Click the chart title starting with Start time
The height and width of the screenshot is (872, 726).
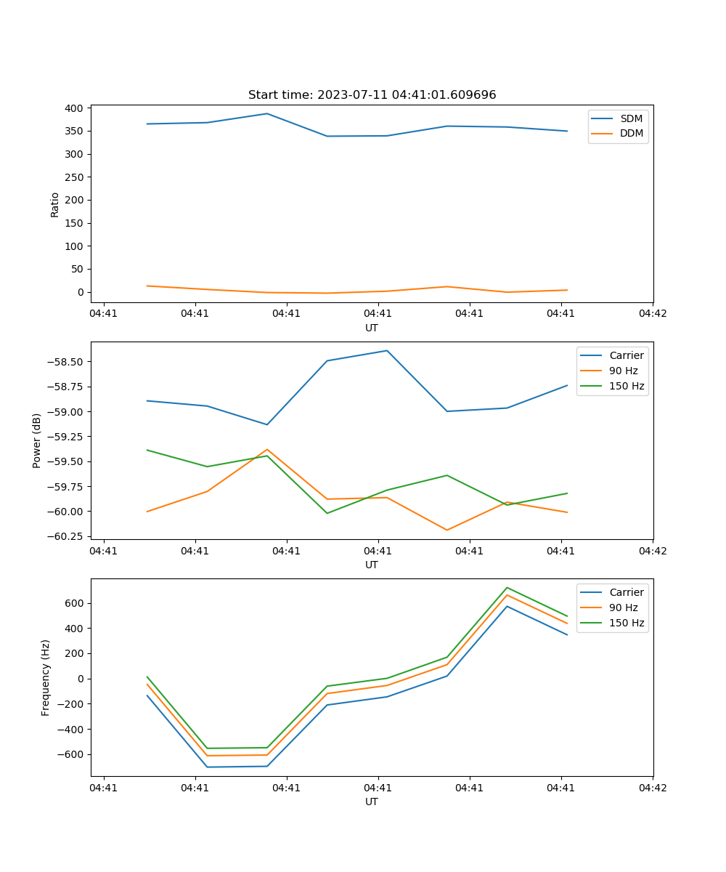coord(372,95)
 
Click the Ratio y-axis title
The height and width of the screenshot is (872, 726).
coord(55,205)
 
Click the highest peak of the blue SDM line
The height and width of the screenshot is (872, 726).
coord(266,113)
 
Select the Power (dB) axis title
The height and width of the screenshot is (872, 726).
coord(37,440)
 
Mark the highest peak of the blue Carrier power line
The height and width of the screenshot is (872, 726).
coord(387,351)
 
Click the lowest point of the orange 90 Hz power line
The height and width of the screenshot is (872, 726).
coord(446,530)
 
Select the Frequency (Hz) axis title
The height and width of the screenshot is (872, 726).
coord(46,677)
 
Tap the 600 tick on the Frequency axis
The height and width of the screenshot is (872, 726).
coord(75,603)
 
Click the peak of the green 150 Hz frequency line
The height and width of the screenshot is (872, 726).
coord(507,587)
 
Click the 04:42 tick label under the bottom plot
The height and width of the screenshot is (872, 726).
coord(652,787)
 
